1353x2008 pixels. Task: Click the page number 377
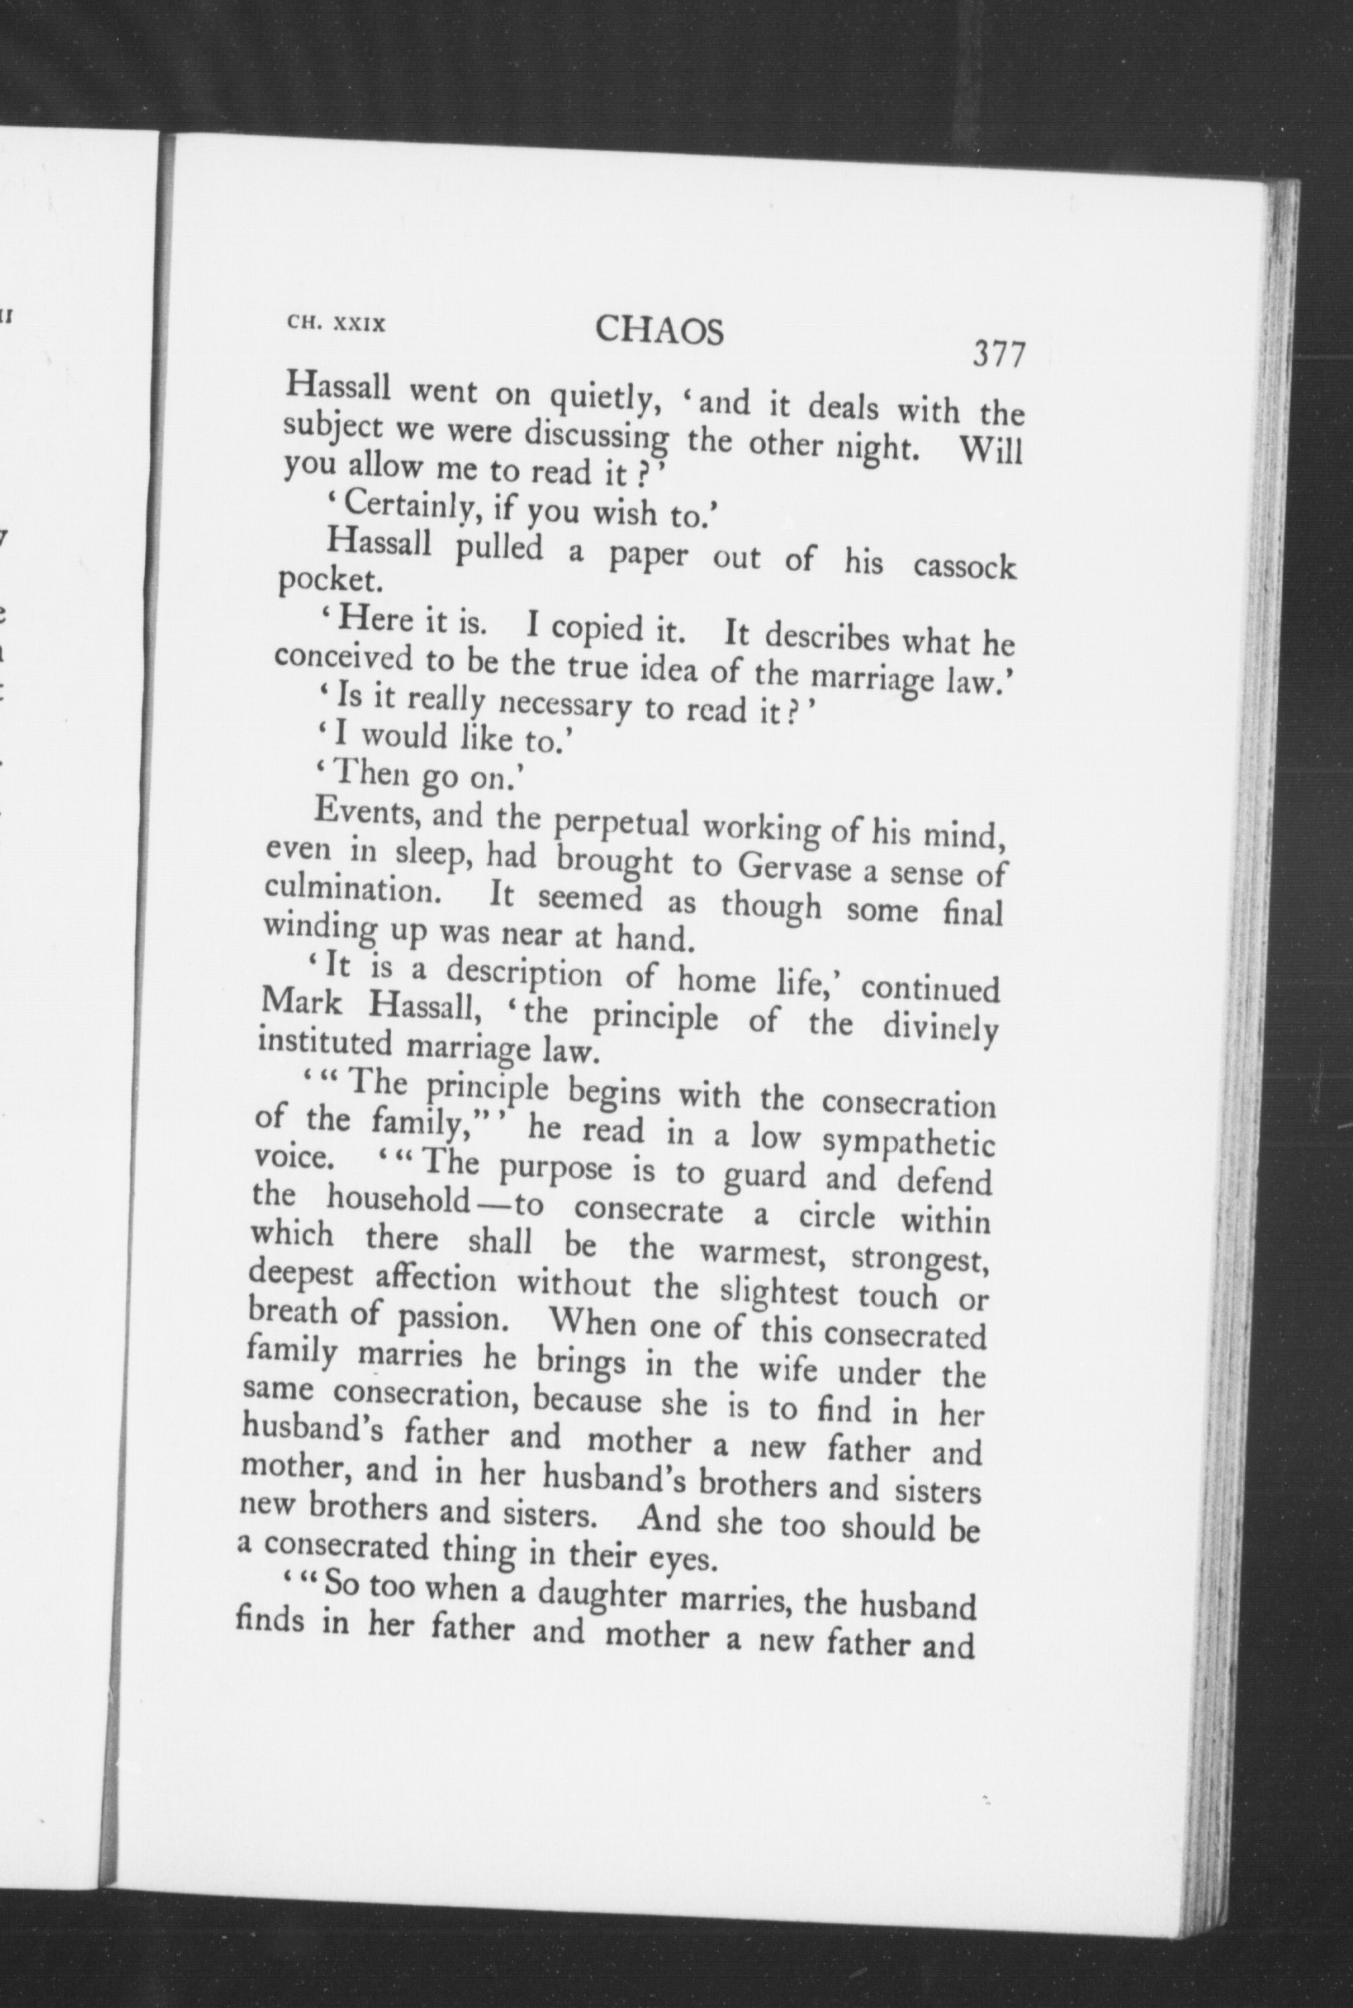coord(999,354)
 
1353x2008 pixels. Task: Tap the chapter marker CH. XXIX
coord(336,324)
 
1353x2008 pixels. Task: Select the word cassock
coord(964,567)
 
